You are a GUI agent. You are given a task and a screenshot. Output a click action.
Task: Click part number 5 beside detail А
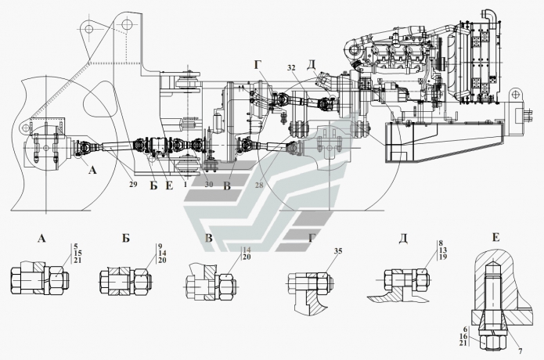76,247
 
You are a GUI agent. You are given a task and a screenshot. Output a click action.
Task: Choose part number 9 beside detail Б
159,247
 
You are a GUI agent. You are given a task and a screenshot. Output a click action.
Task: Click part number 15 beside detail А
77,254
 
